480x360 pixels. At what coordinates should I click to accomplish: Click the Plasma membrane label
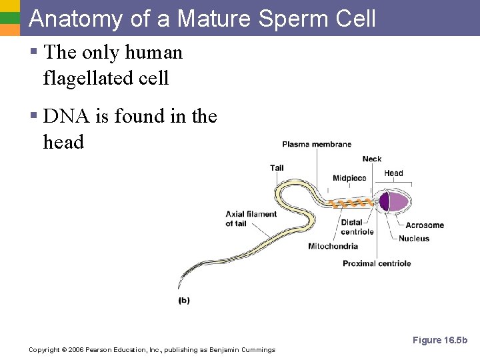point(316,144)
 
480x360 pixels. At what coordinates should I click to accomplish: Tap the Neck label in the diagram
point(372,159)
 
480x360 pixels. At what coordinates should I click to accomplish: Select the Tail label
point(277,167)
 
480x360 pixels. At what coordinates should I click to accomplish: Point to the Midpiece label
point(349,178)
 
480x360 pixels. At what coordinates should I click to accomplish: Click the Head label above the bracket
point(393,173)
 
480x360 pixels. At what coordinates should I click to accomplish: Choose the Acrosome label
point(425,225)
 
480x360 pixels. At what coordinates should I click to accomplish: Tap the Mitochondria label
point(333,246)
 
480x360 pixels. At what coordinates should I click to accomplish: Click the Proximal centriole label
point(377,263)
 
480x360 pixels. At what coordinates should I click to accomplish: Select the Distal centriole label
point(357,227)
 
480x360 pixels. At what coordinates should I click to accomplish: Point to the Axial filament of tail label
point(251,219)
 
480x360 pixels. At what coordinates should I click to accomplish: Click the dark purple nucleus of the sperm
point(384,201)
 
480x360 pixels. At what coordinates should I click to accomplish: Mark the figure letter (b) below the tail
point(184,301)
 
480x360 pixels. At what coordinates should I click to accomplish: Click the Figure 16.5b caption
point(440,341)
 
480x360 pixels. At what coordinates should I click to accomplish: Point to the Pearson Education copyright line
point(152,350)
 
